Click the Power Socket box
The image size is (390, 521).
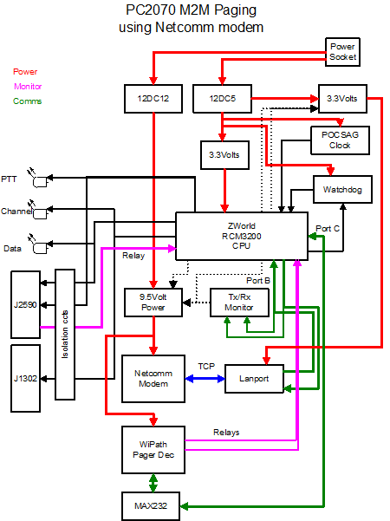(342, 52)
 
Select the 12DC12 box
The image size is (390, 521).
(153, 99)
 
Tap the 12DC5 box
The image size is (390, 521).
(222, 99)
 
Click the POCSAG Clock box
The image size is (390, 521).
(340, 140)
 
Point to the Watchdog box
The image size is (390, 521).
(342, 189)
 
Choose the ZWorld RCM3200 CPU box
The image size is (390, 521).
(242, 236)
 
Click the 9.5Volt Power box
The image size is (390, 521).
(153, 303)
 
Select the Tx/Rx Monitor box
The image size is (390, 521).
(239, 303)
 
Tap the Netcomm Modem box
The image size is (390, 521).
(153, 379)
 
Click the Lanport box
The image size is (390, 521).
(254, 379)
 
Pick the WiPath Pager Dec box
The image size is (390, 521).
(153, 450)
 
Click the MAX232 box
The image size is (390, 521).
(151, 506)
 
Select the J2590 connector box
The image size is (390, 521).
(26, 304)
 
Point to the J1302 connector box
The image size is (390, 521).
(26, 379)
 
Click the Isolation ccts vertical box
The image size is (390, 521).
(65, 335)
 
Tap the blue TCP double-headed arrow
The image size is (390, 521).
(205, 379)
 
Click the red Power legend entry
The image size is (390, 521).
(25, 71)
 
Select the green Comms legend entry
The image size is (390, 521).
(27, 101)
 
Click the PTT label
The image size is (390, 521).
(9, 179)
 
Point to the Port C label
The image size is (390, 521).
(328, 229)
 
